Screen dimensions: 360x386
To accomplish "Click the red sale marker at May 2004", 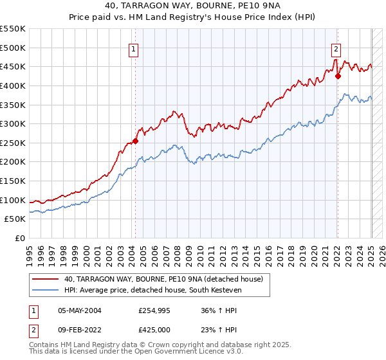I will pos(135,141).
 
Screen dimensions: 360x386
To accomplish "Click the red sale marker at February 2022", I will pos(338,76).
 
